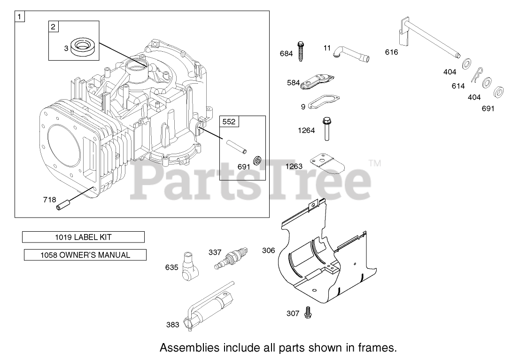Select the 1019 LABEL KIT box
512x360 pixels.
83,237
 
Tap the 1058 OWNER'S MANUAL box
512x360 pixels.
85,255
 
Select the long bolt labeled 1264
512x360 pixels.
325,129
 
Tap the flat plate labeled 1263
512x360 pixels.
326,164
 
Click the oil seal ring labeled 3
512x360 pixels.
85,47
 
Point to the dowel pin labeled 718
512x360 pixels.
63,205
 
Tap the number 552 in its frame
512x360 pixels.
229,122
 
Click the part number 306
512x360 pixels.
268,250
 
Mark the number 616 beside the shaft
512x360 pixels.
391,52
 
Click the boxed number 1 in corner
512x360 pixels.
20,17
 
